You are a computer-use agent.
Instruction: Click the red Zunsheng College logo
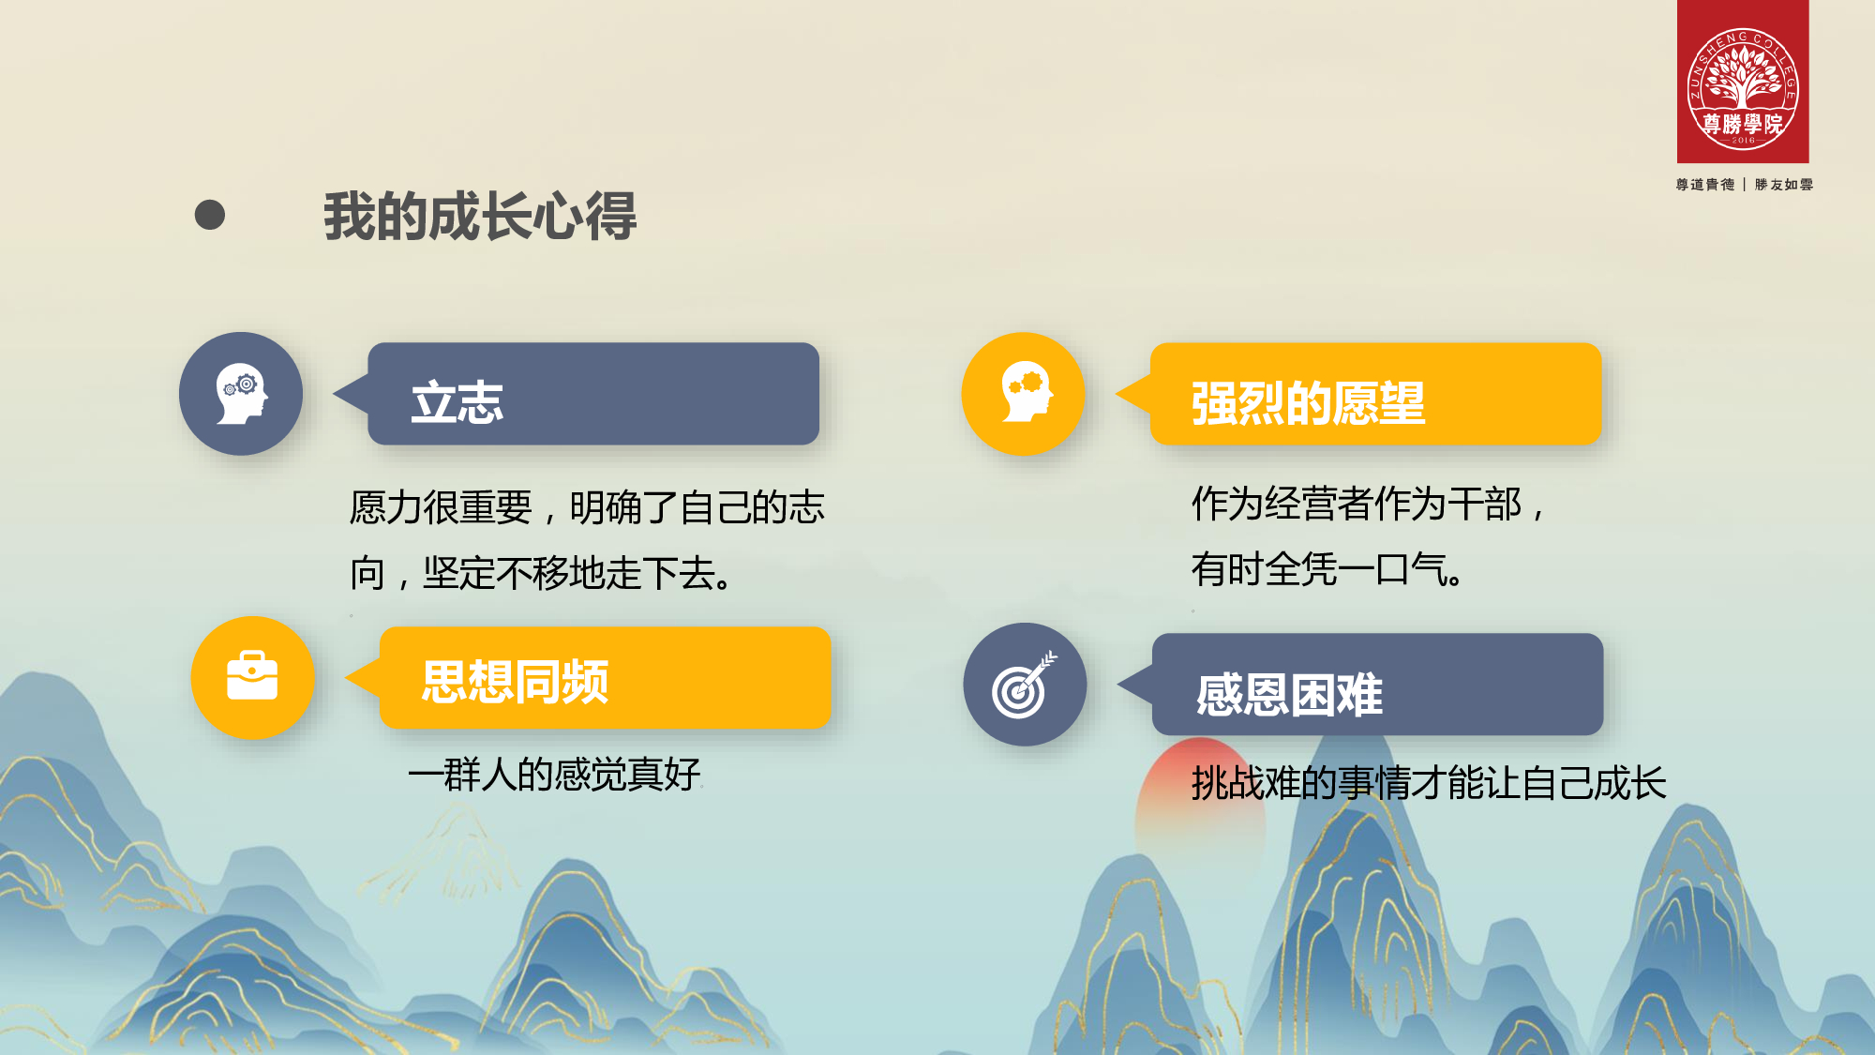tap(1743, 82)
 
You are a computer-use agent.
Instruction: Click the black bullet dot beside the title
tap(210, 215)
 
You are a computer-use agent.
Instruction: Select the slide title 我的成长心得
tap(480, 216)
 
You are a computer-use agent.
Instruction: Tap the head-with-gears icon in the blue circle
tap(242, 394)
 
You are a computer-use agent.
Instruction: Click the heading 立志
tap(457, 402)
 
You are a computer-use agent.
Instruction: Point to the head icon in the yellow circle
tap(1026, 392)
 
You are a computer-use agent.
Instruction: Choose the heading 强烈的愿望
tap(1308, 403)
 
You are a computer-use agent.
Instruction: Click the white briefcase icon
tap(252, 676)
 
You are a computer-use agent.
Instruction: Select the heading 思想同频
tap(515, 681)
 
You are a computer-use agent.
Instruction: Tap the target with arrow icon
tap(1024, 686)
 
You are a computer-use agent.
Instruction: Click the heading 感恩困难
tap(1289, 695)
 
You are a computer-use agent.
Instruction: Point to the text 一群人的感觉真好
tap(554, 775)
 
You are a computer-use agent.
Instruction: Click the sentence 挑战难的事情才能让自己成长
tap(1429, 783)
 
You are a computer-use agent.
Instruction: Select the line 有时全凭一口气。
tap(1327, 569)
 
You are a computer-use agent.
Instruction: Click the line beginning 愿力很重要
tap(587, 507)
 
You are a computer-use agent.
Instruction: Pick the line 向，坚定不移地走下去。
tap(542, 573)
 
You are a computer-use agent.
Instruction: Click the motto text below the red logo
tap(1744, 185)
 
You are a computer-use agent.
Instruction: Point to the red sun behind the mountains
tap(1200, 806)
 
